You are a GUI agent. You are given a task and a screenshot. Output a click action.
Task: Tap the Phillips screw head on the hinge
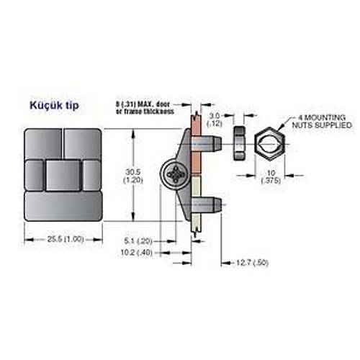(177, 175)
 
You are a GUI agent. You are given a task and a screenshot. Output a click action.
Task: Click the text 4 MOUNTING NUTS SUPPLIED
(323, 121)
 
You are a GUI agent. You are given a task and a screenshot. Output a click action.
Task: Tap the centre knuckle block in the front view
(63, 174)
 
